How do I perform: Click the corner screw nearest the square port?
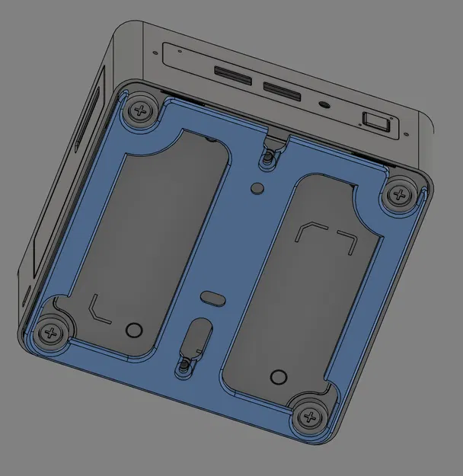(397, 195)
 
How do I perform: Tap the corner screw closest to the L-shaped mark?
(51, 333)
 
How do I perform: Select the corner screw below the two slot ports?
(140, 110)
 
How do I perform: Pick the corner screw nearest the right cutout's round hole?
(308, 417)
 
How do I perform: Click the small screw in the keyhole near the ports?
(267, 158)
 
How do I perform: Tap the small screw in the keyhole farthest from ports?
(184, 367)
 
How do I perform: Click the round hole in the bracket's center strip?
(257, 186)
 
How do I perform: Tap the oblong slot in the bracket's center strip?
(213, 296)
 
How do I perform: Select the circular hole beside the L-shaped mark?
(133, 330)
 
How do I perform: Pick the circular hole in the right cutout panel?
(279, 377)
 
